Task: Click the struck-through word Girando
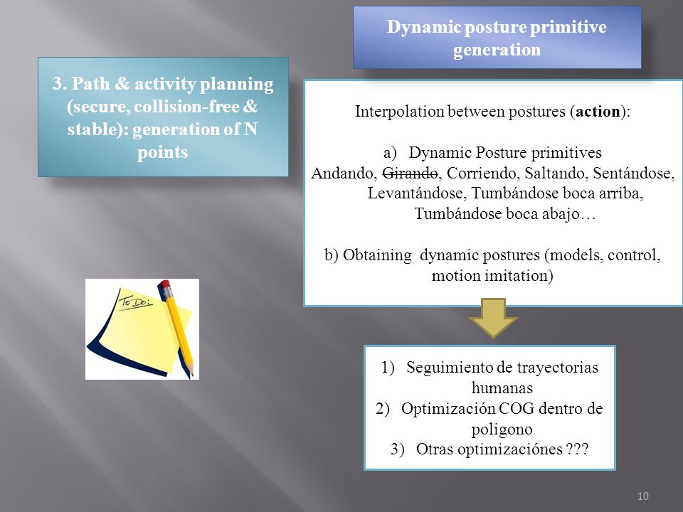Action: click(x=410, y=174)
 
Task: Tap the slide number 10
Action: click(x=643, y=496)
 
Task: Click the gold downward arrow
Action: click(x=493, y=318)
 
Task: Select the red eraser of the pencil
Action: click(x=165, y=286)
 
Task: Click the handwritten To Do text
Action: click(x=136, y=300)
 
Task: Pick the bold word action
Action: click(x=598, y=112)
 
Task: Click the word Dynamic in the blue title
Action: click(x=424, y=28)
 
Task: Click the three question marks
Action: click(x=578, y=449)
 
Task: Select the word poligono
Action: click(x=502, y=430)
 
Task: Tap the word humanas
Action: click(x=502, y=388)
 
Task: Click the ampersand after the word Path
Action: click(x=122, y=84)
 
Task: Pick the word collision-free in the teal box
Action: click(x=186, y=107)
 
